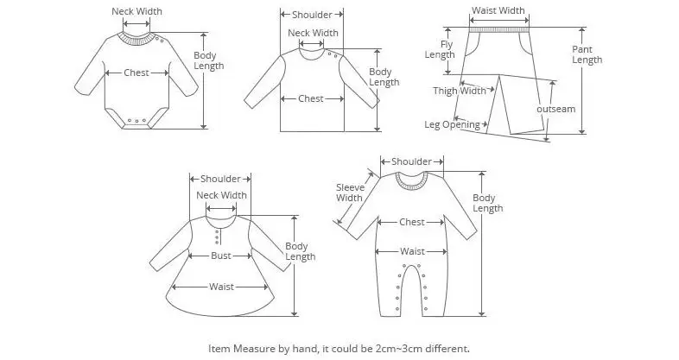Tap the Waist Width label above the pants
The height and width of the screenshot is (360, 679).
(498, 11)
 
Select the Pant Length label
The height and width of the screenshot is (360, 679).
(587, 54)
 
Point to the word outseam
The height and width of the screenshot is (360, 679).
(555, 110)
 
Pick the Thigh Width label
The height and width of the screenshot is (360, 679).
(460, 91)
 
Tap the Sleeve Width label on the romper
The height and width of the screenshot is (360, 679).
(349, 192)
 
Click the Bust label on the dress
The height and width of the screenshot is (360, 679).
(221, 256)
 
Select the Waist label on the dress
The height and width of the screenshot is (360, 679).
(220, 287)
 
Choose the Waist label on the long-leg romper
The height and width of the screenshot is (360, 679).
(411, 251)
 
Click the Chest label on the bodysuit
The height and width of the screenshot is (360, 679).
(136, 73)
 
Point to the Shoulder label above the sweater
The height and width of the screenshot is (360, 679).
(312, 15)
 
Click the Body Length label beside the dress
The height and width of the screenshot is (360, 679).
(300, 252)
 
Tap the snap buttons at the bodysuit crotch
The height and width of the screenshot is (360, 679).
(133, 121)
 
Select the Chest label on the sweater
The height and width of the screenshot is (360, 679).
(311, 98)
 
